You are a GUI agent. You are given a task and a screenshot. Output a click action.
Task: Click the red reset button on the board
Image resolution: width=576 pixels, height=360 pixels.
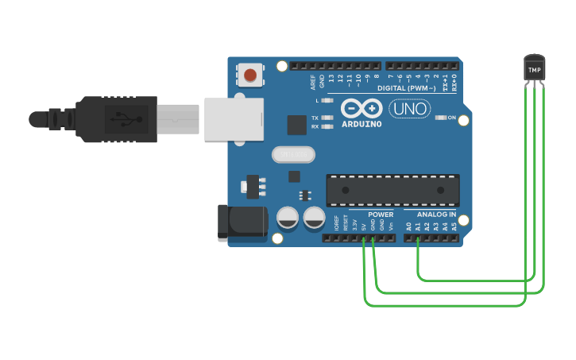tap(250, 75)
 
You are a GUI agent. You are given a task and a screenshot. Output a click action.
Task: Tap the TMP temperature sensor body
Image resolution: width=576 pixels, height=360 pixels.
tap(534, 69)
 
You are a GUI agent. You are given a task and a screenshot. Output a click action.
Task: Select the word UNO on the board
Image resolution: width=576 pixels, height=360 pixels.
tap(409, 109)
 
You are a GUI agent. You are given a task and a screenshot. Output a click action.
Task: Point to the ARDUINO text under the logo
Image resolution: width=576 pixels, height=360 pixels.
tap(361, 124)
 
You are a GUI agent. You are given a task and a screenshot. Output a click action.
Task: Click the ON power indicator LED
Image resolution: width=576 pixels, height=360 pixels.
tap(441, 118)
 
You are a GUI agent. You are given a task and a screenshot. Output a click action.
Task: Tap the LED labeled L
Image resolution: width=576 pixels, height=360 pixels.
tap(324, 101)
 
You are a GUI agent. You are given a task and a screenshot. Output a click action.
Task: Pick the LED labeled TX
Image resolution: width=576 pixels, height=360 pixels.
tap(324, 118)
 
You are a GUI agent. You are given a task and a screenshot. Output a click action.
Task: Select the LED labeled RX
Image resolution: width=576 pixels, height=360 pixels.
tap(324, 126)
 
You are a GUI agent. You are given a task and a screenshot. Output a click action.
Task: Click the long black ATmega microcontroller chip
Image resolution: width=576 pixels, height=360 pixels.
tap(392, 190)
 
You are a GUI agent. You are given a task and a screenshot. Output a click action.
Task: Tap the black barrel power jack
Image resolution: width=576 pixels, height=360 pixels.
tap(241, 220)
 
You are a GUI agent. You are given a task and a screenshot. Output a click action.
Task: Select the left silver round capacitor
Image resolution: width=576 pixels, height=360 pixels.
tap(288, 217)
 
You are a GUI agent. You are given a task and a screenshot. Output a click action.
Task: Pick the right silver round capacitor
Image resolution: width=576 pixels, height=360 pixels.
tap(314, 217)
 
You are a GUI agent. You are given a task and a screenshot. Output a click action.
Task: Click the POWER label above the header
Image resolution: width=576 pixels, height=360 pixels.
tap(381, 215)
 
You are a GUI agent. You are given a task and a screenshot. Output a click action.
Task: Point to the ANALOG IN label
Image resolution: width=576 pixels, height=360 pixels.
tap(436, 215)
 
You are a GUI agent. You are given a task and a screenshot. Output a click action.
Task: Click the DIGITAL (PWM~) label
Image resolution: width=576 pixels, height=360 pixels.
tap(406, 88)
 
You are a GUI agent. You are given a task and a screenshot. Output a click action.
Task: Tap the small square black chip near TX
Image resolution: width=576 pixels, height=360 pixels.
tap(297, 125)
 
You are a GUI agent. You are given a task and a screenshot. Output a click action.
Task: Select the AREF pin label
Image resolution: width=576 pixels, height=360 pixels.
tap(313, 80)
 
